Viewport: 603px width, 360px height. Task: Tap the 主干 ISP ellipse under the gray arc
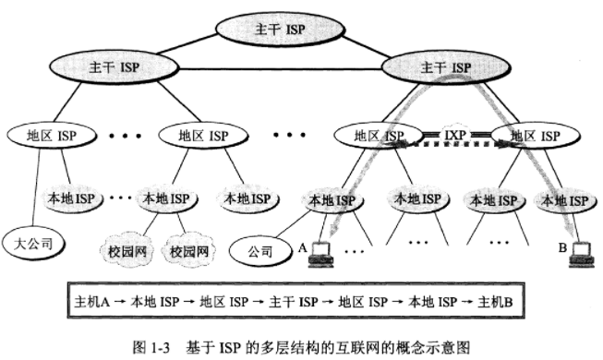pos(446,68)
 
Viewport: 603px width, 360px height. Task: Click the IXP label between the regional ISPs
pos(453,135)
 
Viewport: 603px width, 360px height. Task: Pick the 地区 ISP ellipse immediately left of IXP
pos(378,137)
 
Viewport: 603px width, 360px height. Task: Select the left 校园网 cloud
pos(127,249)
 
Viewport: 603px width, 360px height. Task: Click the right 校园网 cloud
pos(188,249)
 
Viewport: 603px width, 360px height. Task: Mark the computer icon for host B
pos(580,251)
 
